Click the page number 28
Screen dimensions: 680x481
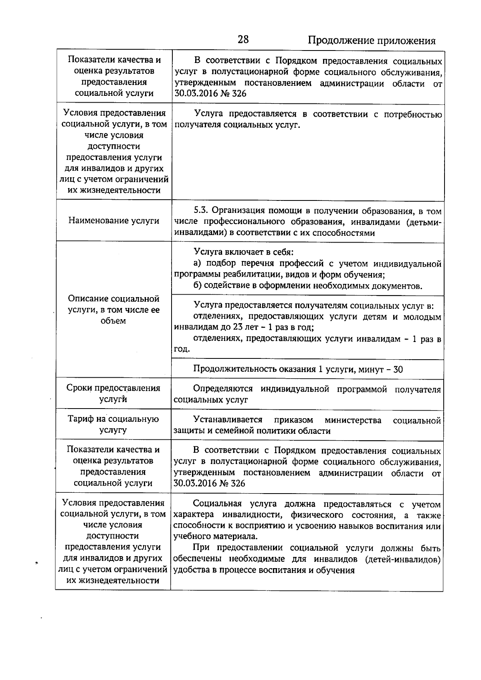(x=243, y=39)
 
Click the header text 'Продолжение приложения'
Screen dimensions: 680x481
(x=371, y=40)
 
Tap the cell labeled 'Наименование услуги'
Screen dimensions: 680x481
(x=114, y=221)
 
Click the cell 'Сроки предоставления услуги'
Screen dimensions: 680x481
(x=113, y=393)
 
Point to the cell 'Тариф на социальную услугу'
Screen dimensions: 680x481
(x=113, y=424)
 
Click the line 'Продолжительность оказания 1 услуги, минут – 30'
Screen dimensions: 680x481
(x=298, y=369)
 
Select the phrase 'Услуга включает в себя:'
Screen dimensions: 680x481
(x=244, y=252)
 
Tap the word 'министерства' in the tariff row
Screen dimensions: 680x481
(x=353, y=420)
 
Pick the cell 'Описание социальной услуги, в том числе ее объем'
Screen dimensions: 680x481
(x=114, y=310)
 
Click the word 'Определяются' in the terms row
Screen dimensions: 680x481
(x=223, y=389)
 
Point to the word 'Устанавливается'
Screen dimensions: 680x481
(x=228, y=420)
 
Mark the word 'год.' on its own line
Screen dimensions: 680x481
(x=182, y=349)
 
